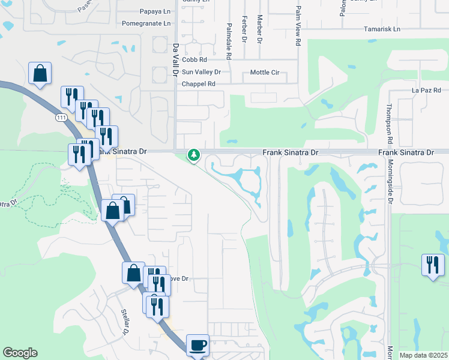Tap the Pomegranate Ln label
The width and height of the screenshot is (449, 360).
click(146, 23)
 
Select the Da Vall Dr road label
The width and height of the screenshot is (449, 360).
click(176, 59)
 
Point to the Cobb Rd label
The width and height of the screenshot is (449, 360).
click(194, 60)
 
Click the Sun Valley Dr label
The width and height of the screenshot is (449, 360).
click(202, 72)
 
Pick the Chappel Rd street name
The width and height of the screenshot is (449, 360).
click(199, 84)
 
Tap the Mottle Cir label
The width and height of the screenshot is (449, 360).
click(265, 73)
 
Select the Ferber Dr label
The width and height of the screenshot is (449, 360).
click(245, 29)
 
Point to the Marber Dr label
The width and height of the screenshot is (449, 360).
click(260, 30)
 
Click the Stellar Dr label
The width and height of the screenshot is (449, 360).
click(125, 322)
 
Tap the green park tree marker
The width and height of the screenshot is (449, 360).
click(194, 155)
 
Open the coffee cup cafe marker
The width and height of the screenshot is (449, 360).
click(198, 345)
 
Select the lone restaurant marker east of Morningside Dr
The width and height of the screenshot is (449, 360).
click(433, 265)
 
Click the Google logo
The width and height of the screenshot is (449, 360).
click(20, 353)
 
